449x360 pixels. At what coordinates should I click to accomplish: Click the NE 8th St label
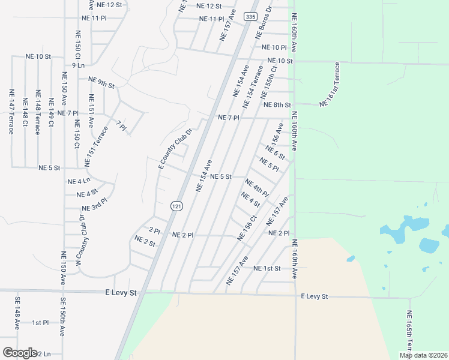277,105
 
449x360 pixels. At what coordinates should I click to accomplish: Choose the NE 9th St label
101,82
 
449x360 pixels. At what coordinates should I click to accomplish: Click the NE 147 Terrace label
11,112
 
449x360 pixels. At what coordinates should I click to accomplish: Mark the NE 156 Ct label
246,229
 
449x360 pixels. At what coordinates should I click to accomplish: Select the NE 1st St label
267,268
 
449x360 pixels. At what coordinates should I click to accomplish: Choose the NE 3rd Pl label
94,208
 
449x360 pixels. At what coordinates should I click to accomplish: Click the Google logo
19,353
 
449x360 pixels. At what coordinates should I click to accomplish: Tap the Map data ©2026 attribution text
423,355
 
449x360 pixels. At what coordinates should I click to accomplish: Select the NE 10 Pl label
274,47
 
